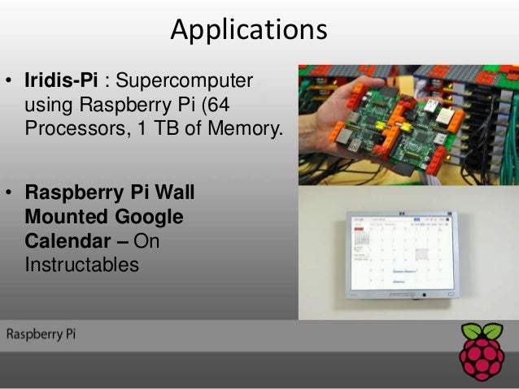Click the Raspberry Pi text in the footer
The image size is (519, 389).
tap(41, 335)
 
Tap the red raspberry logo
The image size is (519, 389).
tap(482, 357)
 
